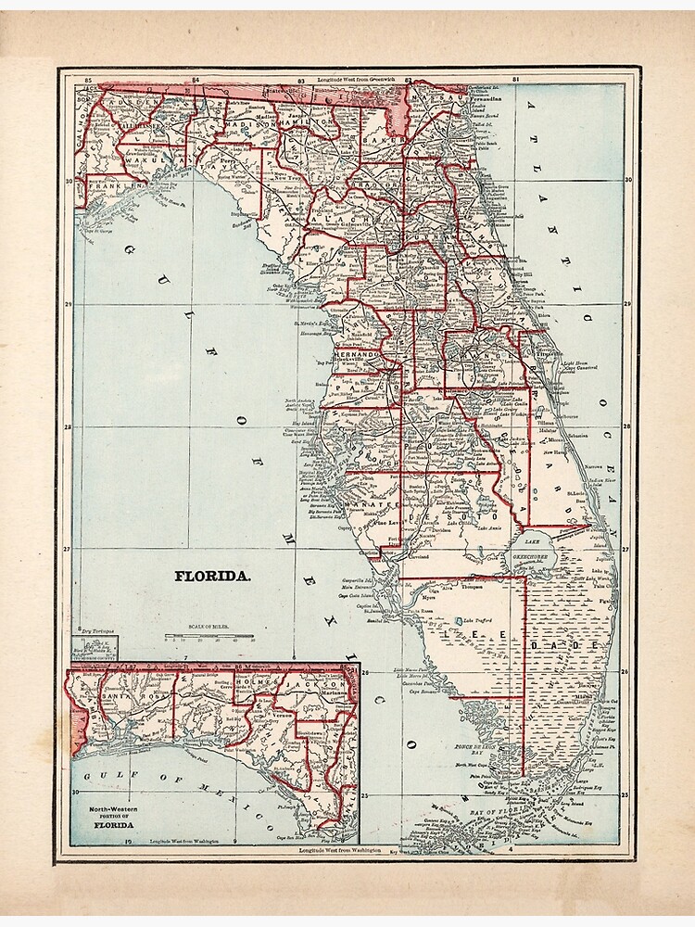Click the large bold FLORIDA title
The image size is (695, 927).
pos(213,575)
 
